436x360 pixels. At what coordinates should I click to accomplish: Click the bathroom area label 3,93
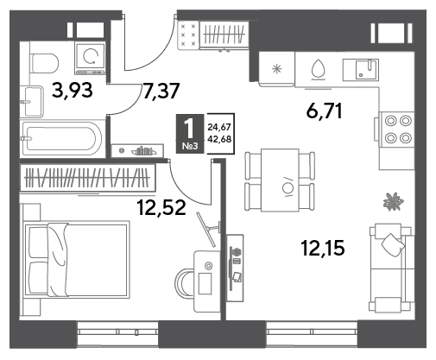[73, 90]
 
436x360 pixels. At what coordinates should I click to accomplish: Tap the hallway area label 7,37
[161, 91]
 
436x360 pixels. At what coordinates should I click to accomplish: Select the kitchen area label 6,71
[324, 111]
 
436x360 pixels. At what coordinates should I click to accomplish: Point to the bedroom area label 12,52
[161, 207]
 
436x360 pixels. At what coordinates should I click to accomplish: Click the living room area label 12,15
[323, 248]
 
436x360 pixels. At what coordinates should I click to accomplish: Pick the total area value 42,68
[219, 140]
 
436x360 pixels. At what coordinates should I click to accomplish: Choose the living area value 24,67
[219, 127]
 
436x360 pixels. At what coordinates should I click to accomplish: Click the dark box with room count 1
[190, 133]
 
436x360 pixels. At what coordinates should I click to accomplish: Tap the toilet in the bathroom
[45, 63]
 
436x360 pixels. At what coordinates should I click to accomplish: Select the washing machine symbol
[90, 56]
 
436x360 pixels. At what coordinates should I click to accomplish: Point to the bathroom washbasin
[32, 101]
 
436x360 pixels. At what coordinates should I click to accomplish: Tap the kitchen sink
[361, 70]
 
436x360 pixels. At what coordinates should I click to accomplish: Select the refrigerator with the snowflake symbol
[276, 69]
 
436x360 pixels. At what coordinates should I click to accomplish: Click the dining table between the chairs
[280, 180]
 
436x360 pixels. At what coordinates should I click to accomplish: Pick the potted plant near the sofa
[394, 201]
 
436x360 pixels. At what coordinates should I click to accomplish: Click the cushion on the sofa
[393, 245]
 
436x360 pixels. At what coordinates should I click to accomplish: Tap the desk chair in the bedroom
[184, 284]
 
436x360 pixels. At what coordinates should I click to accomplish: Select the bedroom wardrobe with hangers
[88, 178]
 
